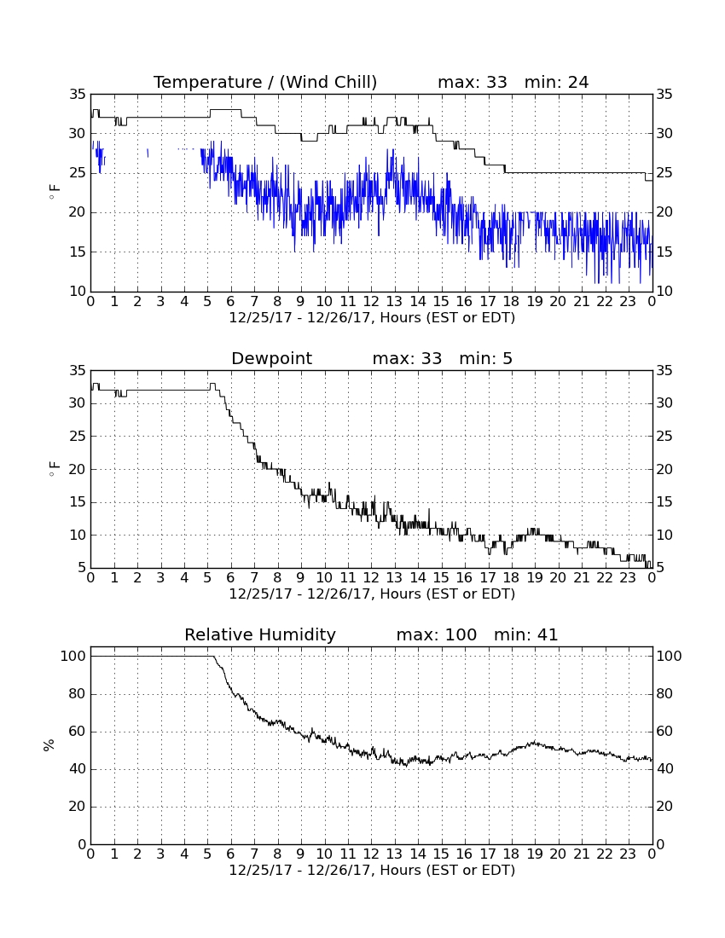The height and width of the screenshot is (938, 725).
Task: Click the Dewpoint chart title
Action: [271, 359]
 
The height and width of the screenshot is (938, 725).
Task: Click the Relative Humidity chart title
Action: [259, 634]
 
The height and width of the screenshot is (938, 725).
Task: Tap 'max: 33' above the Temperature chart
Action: [472, 82]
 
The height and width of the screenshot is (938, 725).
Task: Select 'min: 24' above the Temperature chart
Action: [556, 82]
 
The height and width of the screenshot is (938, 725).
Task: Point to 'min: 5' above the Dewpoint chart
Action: [485, 359]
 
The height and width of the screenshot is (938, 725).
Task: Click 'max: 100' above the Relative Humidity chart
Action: [436, 634]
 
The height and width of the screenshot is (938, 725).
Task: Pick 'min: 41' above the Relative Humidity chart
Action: [525, 634]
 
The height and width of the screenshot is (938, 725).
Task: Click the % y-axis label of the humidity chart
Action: [49, 744]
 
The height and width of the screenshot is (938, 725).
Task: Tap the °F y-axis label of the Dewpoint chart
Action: [55, 469]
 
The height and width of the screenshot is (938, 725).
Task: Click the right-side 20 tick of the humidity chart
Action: [664, 807]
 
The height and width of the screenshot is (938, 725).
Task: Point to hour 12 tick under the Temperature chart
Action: [371, 302]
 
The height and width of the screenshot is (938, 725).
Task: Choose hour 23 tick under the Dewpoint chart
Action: [628, 578]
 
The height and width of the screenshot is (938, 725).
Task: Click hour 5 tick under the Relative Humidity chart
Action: [207, 854]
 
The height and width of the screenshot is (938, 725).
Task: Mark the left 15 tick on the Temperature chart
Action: [78, 252]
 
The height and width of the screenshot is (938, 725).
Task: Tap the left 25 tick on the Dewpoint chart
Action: [78, 436]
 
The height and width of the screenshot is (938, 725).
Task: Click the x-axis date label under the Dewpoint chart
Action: [372, 594]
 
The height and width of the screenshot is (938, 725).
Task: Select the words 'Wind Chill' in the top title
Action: [328, 82]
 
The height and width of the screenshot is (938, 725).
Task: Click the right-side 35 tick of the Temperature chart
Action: [664, 94]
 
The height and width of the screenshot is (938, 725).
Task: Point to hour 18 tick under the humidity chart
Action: [511, 854]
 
